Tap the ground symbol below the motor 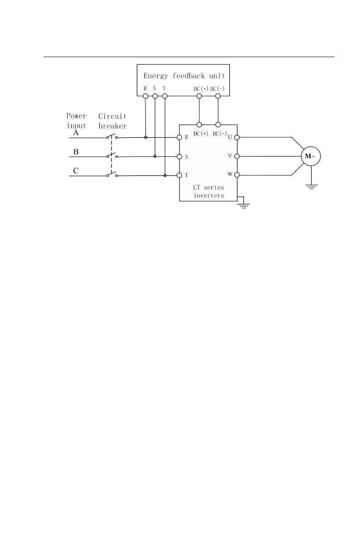click(x=311, y=185)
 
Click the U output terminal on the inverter click(x=237, y=137)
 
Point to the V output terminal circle click(x=237, y=156)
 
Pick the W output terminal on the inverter click(x=237, y=175)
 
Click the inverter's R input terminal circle click(x=180, y=137)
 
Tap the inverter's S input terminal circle click(x=180, y=156)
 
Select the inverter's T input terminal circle click(x=180, y=175)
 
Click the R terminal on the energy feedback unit click(x=146, y=96)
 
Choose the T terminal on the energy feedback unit click(x=165, y=96)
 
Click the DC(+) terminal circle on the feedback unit click(x=199, y=96)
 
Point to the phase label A click(x=76, y=133)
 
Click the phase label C click(x=76, y=171)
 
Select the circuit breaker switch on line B click(x=112, y=156)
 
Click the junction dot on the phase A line click(x=146, y=137)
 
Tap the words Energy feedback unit click(x=184, y=75)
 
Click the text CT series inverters click(x=209, y=191)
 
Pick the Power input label click(x=77, y=121)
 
